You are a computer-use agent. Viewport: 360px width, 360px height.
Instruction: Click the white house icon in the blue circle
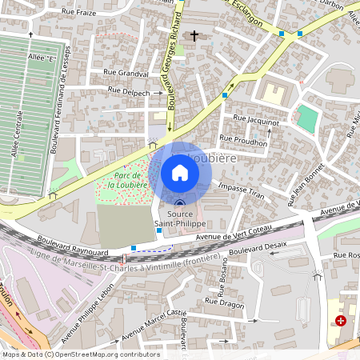(x=180, y=173)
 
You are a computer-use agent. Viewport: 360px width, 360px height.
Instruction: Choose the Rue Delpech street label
(x=126, y=92)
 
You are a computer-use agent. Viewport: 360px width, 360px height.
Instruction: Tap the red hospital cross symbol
(x=342, y=320)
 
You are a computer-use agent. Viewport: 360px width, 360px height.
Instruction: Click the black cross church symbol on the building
(x=193, y=36)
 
